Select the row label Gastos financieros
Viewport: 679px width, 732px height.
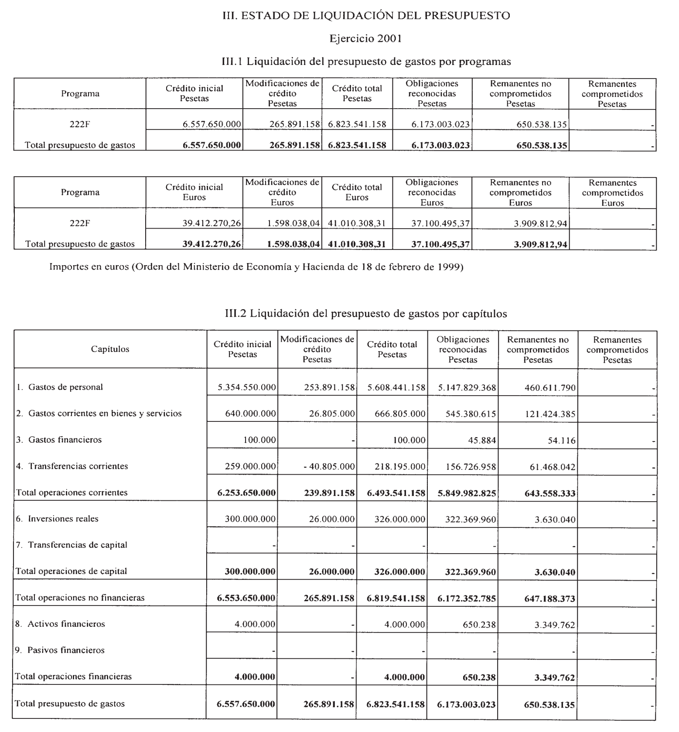pos(65,440)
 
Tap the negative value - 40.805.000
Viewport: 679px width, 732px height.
pos(329,467)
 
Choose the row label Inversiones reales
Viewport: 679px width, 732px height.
pos(63,519)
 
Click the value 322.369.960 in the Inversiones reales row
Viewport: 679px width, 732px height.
pos(471,520)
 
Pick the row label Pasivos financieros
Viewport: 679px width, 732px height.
pos(66,650)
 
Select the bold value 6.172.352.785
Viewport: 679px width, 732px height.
pos(467,599)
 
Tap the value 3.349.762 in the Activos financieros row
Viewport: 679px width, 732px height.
pos(555,625)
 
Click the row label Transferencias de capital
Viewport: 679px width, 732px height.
pos(78,545)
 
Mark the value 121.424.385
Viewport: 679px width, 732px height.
pos(550,414)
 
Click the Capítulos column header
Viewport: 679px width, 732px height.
pos(110,349)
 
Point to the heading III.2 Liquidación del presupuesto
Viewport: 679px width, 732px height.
pos(366,313)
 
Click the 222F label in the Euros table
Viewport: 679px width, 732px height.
pos(80,223)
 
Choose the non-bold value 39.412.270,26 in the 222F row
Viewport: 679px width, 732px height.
pos(212,224)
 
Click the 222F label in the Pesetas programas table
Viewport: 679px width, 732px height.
pos(80,124)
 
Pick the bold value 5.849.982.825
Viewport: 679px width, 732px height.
pos(467,493)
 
